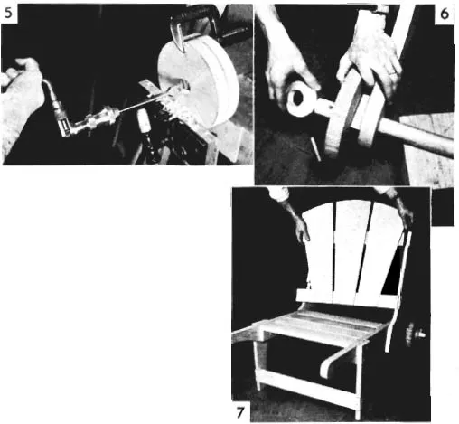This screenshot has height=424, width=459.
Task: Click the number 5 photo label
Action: coord(8,13)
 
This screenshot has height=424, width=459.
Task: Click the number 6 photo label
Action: coord(445,14)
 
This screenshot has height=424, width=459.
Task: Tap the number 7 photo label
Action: coord(239,412)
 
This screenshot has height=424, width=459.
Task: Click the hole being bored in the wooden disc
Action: coord(184,87)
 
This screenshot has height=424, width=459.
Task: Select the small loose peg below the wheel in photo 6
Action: coord(315,149)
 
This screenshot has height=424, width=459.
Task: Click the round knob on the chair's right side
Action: coord(415,334)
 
